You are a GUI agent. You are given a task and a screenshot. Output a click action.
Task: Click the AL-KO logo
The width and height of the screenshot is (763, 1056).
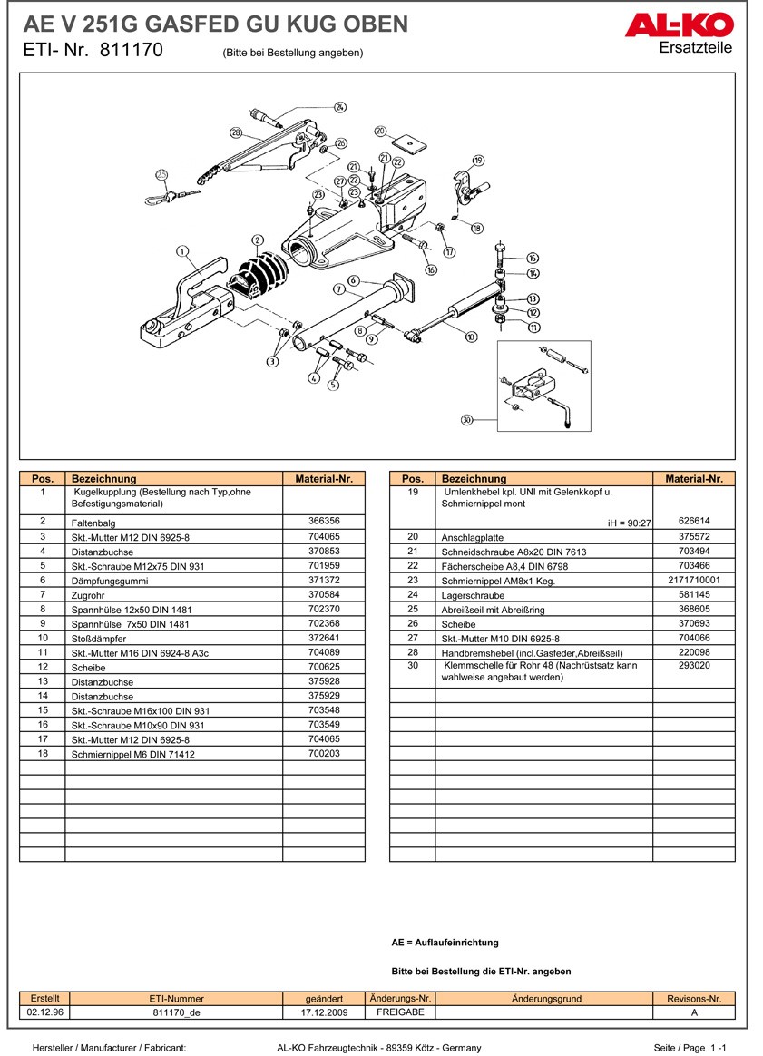tap(678, 25)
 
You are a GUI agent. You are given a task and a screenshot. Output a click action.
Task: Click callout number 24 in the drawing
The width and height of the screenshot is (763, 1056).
tap(340, 107)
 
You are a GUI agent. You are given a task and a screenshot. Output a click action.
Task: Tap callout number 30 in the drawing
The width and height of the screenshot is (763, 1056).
tap(467, 419)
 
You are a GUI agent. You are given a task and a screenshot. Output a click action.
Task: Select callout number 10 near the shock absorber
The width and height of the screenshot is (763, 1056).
tap(471, 337)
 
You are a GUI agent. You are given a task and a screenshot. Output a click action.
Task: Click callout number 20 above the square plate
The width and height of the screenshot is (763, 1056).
tap(380, 131)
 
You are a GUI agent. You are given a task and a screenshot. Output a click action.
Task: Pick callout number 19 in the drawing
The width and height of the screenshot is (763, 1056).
tap(478, 161)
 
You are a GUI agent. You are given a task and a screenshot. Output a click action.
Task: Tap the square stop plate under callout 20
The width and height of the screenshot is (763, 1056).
tap(409, 142)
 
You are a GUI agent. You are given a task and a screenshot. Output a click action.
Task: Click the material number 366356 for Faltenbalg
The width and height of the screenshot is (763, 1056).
tap(323, 522)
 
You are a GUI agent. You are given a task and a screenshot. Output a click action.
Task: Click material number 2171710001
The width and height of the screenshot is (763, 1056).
tap(693, 580)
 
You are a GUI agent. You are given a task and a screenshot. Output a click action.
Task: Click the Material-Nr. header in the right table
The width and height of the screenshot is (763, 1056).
tap(693, 478)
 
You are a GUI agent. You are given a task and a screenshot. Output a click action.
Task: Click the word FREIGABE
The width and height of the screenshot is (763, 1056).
tap(400, 1012)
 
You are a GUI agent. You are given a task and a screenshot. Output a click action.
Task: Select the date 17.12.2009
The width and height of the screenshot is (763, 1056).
tap(324, 1012)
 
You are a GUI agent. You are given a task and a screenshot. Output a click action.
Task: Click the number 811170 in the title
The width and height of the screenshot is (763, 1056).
tap(132, 51)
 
